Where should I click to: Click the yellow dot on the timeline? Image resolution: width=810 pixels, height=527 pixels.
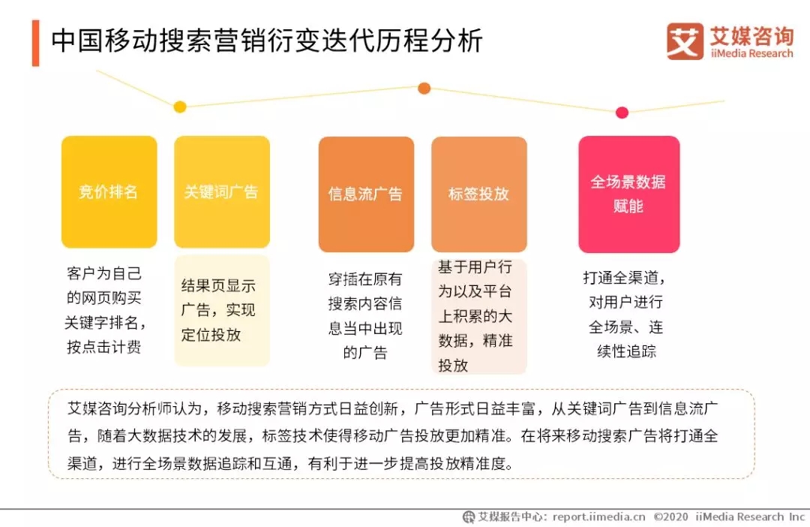tap(180, 107)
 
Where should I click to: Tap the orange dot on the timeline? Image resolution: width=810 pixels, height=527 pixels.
tap(424, 89)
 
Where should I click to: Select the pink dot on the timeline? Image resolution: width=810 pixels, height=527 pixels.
tap(622, 112)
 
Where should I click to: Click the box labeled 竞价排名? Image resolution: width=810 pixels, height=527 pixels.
tap(109, 192)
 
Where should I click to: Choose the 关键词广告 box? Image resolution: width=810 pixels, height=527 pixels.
tap(222, 192)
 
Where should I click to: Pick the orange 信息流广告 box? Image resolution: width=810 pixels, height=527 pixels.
tap(366, 194)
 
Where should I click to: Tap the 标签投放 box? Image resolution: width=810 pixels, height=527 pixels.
tap(479, 194)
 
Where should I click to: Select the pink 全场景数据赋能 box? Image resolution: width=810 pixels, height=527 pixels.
tap(629, 194)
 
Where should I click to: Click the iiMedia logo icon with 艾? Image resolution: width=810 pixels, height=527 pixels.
tap(685, 41)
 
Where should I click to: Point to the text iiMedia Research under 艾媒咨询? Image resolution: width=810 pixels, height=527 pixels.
tap(751, 53)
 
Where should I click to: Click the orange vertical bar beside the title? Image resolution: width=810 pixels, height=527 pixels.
tap(36, 43)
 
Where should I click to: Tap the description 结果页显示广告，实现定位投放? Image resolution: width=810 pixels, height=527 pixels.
tap(218, 310)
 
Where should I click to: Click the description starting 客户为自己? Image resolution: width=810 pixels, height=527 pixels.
tap(106, 310)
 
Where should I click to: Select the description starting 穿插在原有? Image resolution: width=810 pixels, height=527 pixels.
tap(365, 315)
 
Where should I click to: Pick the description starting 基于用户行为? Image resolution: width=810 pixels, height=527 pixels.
tap(475, 316)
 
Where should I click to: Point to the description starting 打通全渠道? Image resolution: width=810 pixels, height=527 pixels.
tap(625, 315)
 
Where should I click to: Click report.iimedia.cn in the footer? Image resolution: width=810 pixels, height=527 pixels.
tap(598, 516)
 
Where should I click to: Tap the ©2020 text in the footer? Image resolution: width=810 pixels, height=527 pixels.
tap(670, 516)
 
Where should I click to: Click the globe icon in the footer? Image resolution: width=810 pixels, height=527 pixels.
tap(469, 516)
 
